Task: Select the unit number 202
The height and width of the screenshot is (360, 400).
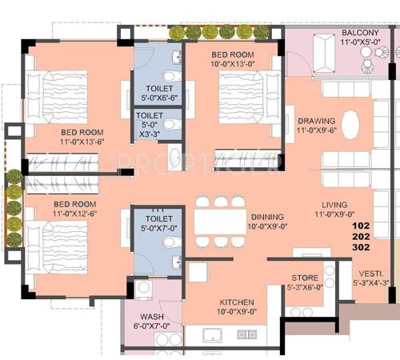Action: [x=362, y=238]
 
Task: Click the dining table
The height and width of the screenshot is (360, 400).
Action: [x=220, y=221]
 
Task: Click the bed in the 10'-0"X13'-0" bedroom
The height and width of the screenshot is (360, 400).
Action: [x=245, y=100]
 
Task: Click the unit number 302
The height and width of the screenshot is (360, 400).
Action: [x=362, y=249]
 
